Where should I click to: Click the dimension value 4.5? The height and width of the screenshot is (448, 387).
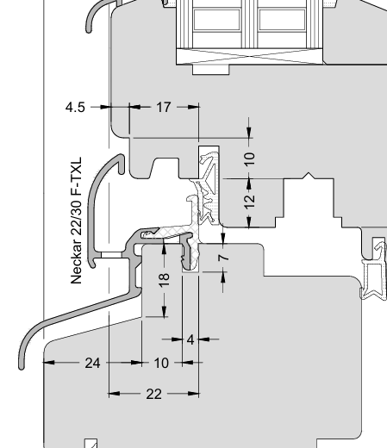[x=75, y=108]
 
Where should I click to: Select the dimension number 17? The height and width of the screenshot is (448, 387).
[x=164, y=108]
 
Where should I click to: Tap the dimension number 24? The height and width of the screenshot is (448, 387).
[x=92, y=364]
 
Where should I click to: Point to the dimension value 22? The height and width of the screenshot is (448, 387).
[x=153, y=395]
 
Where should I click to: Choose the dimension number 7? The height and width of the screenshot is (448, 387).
[x=224, y=258]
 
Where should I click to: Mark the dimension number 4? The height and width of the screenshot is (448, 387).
[x=190, y=339]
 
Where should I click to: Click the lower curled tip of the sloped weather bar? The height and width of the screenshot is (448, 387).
[x=22, y=365]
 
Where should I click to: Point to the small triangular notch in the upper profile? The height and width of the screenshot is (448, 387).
[x=309, y=176]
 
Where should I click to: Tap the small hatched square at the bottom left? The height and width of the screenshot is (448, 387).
[x=91, y=443]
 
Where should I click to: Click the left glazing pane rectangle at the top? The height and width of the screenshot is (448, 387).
[x=216, y=20]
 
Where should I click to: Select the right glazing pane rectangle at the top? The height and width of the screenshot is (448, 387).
[x=282, y=20]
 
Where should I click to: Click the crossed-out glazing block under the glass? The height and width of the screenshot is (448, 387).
[x=249, y=56]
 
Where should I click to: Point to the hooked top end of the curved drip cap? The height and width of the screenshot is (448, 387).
[x=122, y=165]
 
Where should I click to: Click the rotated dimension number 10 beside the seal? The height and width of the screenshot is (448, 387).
[x=249, y=159]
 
